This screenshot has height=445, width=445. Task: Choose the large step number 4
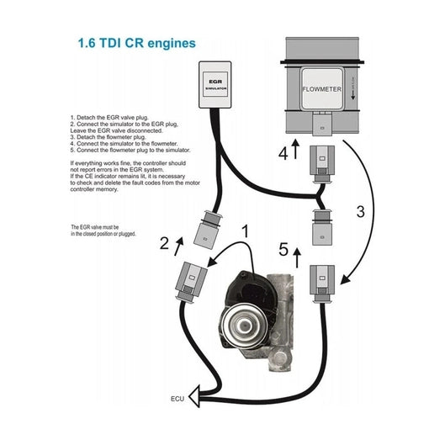click(283, 153)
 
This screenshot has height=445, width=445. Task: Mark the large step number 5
click(283, 250)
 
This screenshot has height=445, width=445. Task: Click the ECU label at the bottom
click(177, 399)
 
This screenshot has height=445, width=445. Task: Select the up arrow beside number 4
click(296, 151)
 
